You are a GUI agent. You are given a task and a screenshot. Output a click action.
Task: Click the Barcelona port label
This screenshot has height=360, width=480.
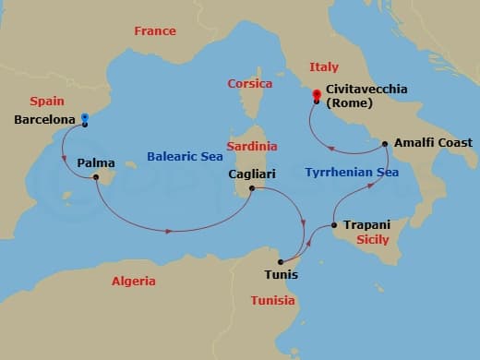tap(44, 120)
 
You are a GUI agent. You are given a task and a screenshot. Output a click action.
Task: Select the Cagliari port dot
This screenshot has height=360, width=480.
tap(250, 189)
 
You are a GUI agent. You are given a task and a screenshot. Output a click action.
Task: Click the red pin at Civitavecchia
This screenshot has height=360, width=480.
tap(317, 94)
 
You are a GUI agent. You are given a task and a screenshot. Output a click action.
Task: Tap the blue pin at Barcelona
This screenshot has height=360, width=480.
tap(84, 117)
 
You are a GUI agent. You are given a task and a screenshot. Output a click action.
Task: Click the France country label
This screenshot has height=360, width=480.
tap(154, 30)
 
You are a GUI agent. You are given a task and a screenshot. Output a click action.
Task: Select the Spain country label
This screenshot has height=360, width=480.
tap(46, 101)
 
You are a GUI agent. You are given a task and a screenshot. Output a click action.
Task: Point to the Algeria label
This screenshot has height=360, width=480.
tap(133, 281)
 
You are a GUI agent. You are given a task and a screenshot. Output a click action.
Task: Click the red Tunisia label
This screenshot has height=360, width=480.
tap(272, 300)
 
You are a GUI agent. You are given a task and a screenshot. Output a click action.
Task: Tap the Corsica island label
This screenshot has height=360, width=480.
tap(249, 84)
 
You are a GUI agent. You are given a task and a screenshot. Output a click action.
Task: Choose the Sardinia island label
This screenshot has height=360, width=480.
tap(252, 146)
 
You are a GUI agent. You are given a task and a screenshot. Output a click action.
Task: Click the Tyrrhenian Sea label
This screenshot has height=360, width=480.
tap(340, 171)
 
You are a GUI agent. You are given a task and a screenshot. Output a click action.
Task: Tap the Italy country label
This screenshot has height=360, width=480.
tap(323, 66)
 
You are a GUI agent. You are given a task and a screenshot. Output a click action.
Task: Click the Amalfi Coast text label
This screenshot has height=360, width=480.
tap(433, 143)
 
